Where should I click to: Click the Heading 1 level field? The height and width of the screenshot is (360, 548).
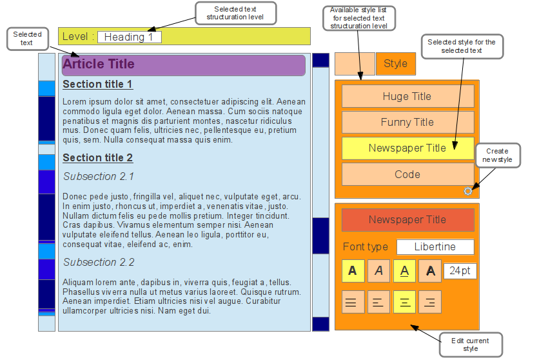pyautogui.click(x=129, y=37)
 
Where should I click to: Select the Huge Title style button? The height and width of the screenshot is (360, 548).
pyautogui.click(x=407, y=96)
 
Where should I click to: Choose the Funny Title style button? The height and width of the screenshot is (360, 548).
pyautogui.click(x=407, y=122)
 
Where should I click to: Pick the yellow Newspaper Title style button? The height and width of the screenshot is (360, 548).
pyautogui.click(x=407, y=148)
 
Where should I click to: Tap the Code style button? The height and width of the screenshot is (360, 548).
pyautogui.click(x=407, y=174)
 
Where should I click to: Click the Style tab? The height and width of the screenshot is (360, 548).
pyautogui.click(x=395, y=63)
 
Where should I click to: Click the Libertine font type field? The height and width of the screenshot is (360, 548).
pyautogui.click(x=435, y=246)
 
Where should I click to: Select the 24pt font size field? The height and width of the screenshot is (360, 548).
pyautogui.click(x=460, y=271)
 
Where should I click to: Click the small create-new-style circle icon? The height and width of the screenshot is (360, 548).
pyautogui.click(x=468, y=191)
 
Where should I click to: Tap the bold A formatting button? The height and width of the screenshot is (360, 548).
pyautogui.click(x=353, y=271)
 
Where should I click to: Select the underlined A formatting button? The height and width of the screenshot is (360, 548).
pyautogui.click(x=404, y=271)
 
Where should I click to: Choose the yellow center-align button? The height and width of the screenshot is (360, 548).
pyautogui.click(x=404, y=301)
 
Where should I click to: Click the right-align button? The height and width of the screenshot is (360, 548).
pyautogui.click(x=429, y=301)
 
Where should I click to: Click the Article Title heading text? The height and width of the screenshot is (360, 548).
pyautogui.click(x=99, y=64)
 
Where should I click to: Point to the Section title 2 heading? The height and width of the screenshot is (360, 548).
pyautogui.click(x=97, y=157)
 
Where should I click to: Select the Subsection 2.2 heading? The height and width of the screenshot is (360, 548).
pyautogui.click(x=99, y=262)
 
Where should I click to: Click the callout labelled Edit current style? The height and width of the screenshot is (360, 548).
pyautogui.click(x=471, y=345)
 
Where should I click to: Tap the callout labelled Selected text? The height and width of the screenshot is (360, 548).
pyautogui.click(x=27, y=39)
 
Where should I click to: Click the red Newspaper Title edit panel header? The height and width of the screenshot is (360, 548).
pyautogui.click(x=407, y=219)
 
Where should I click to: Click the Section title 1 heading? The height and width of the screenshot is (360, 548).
pyautogui.click(x=97, y=84)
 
